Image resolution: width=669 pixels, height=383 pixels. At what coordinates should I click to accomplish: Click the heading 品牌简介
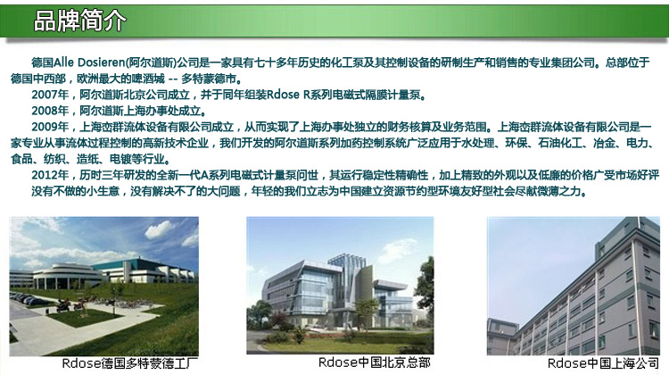point(79,21)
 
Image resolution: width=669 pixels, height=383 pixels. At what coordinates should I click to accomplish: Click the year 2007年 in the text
point(50,95)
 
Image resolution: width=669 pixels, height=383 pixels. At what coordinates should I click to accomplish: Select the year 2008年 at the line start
point(50,111)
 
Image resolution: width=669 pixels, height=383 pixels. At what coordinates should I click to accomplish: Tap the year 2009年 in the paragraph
point(50,127)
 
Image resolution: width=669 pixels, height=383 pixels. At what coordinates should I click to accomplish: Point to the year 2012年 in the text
point(50,175)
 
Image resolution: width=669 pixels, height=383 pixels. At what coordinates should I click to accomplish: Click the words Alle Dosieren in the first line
point(89,62)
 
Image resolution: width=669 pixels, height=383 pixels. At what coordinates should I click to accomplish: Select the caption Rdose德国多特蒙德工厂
point(130,363)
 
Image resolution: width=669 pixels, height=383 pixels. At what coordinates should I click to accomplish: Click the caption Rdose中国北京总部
point(374,362)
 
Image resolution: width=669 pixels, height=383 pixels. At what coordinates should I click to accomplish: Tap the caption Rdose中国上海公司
point(603,363)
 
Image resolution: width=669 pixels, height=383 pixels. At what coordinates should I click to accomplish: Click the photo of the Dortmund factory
point(104,286)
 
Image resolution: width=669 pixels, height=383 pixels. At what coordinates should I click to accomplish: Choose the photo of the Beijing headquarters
point(340,285)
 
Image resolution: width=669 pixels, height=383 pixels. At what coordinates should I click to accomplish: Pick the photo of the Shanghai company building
point(574,286)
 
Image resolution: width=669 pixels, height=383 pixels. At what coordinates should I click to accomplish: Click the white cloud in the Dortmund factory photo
point(160,230)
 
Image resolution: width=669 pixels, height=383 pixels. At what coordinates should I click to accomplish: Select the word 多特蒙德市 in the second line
point(209,79)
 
